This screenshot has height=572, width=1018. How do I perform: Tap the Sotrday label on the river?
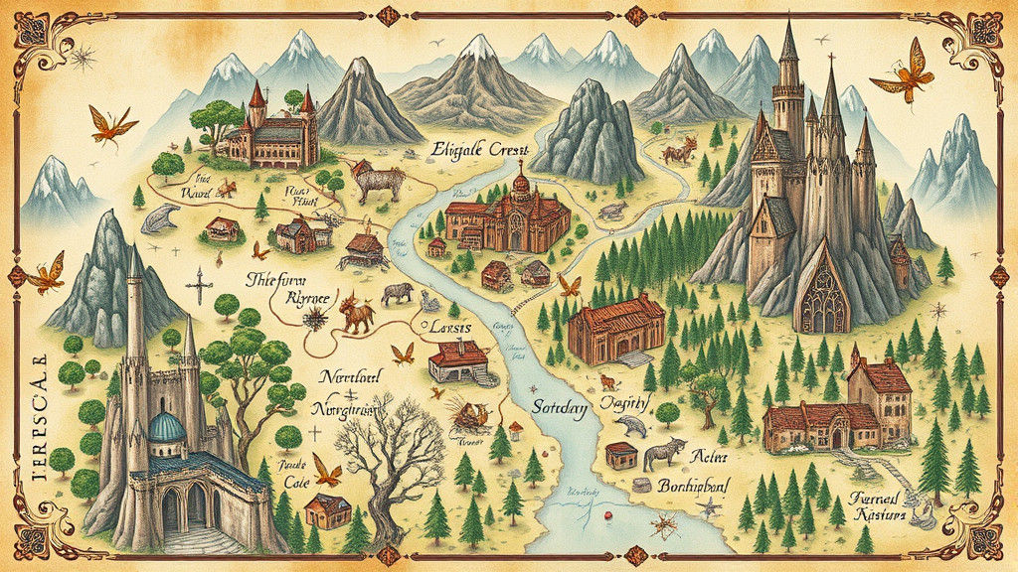click(x=559, y=407)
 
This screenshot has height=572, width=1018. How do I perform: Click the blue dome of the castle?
click(x=166, y=428)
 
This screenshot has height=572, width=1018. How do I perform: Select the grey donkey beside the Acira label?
click(x=663, y=453)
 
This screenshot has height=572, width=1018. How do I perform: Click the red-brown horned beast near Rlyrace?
click(x=356, y=314)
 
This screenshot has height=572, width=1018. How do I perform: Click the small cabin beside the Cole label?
click(x=327, y=509)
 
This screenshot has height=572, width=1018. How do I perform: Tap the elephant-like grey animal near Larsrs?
click(x=398, y=293)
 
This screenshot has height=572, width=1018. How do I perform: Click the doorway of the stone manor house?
click(x=836, y=438)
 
